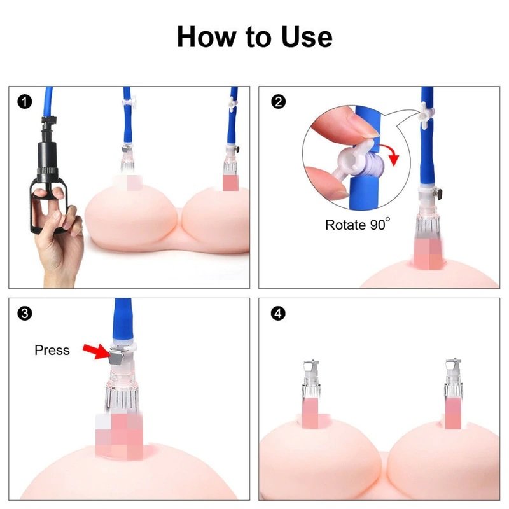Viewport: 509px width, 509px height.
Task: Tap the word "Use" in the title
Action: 307,37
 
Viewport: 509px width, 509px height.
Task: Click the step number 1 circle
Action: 25,102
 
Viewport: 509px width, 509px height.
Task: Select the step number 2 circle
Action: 278,102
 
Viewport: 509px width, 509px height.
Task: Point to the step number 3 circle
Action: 25,314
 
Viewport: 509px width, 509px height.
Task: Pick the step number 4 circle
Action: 278,314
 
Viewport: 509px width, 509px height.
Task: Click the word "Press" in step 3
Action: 52,351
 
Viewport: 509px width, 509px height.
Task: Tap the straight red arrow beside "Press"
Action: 97,352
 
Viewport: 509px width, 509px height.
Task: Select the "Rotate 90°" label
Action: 358,225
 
